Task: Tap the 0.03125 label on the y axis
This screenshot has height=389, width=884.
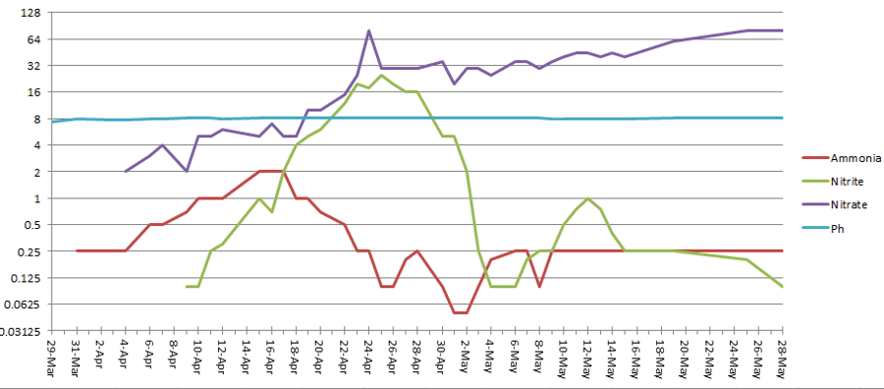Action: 21,330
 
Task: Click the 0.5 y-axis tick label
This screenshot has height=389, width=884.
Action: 30,224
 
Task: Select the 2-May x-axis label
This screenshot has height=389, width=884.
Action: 467,361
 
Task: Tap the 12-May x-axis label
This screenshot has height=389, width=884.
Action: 588,359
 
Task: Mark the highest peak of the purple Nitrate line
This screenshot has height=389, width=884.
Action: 369,30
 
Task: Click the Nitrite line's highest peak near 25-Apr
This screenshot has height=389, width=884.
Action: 381,75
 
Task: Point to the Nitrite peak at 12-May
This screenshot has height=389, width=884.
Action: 588,198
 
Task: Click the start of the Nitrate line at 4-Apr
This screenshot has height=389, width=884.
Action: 126,172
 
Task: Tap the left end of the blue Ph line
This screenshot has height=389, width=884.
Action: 53,122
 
